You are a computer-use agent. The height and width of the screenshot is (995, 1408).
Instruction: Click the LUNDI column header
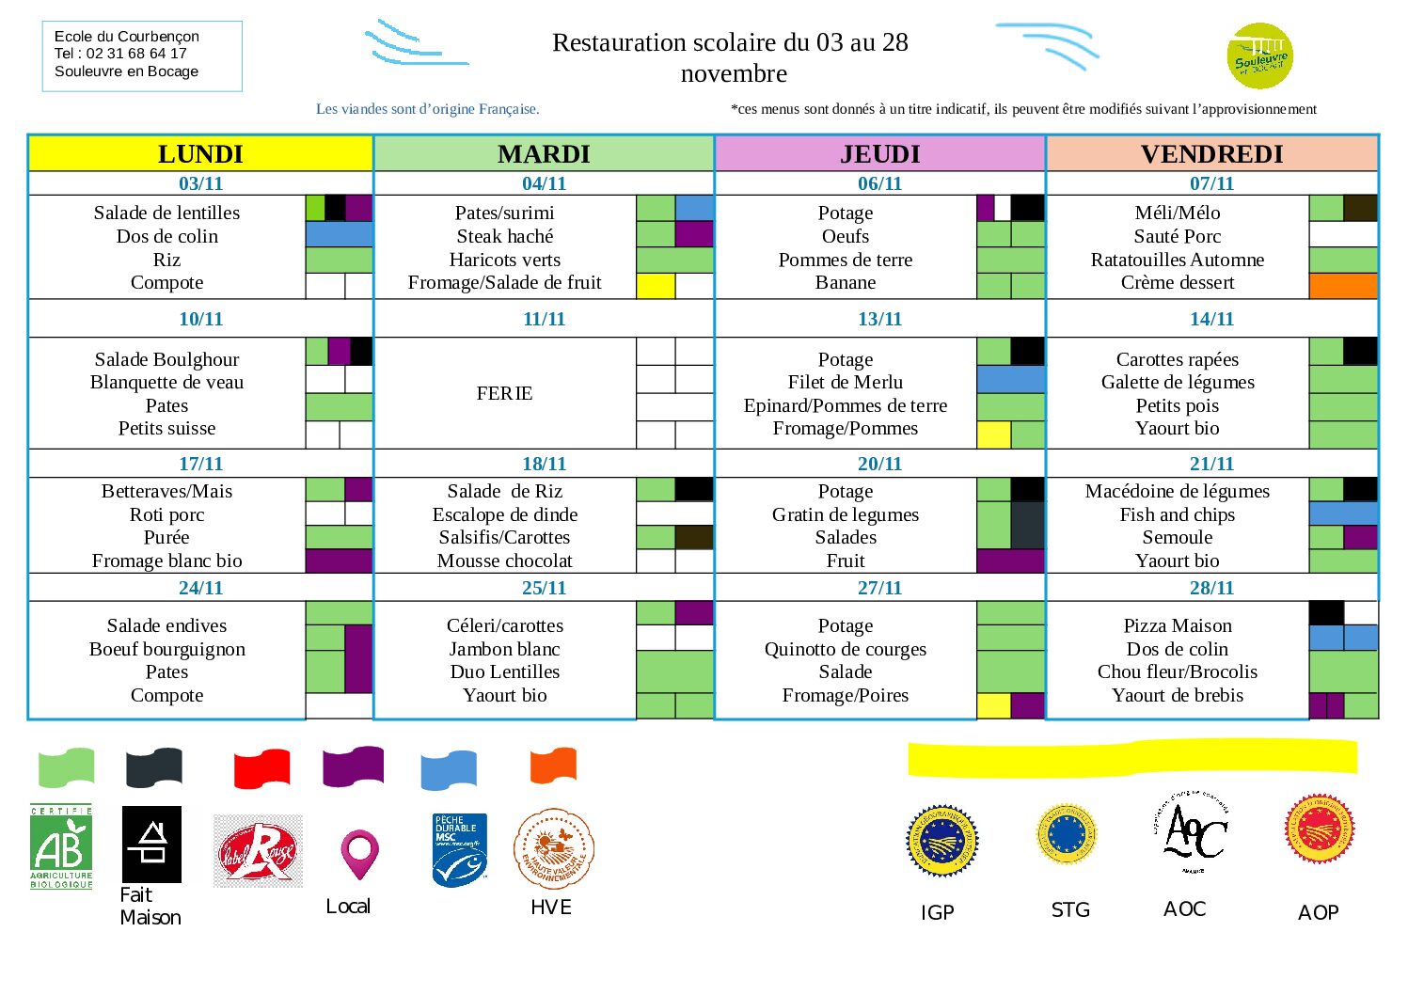(200, 153)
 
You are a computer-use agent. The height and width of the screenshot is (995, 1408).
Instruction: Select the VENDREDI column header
(1211, 153)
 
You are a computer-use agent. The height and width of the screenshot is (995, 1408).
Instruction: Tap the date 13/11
(879, 319)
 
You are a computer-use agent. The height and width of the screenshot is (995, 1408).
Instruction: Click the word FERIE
(504, 393)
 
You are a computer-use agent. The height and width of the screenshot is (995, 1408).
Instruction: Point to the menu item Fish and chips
(1177, 514)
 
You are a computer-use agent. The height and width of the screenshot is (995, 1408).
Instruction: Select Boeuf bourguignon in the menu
(166, 649)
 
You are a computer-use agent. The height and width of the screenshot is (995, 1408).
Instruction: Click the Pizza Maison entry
(1177, 625)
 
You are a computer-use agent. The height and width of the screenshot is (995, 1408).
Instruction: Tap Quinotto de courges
(845, 649)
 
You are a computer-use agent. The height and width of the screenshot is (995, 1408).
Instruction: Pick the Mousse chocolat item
(504, 561)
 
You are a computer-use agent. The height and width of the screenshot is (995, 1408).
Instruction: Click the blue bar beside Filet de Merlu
(1010, 380)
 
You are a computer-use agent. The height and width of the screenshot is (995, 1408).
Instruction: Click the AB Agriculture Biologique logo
(61, 847)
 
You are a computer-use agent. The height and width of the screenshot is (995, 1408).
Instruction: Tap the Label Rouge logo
(258, 851)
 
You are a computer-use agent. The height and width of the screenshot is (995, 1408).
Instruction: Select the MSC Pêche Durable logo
(459, 850)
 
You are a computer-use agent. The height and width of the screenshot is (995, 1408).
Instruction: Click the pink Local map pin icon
(358, 854)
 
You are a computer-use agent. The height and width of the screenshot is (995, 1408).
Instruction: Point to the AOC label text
(1184, 908)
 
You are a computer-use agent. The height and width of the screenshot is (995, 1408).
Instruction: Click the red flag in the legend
(261, 768)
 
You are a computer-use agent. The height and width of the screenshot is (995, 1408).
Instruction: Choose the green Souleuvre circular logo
(1259, 57)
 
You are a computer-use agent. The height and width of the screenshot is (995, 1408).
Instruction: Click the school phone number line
(120, 54)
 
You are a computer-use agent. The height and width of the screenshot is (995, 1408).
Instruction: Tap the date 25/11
(544, 588)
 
